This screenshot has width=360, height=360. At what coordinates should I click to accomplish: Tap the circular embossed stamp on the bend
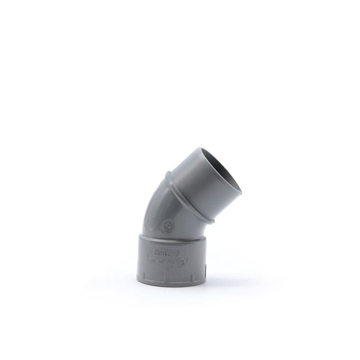point(166,226)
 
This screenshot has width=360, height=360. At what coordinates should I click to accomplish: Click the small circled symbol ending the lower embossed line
point(179,261)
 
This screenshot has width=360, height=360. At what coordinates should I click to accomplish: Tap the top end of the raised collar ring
point(167,174)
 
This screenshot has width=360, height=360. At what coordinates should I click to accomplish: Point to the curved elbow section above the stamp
point(153,205)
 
